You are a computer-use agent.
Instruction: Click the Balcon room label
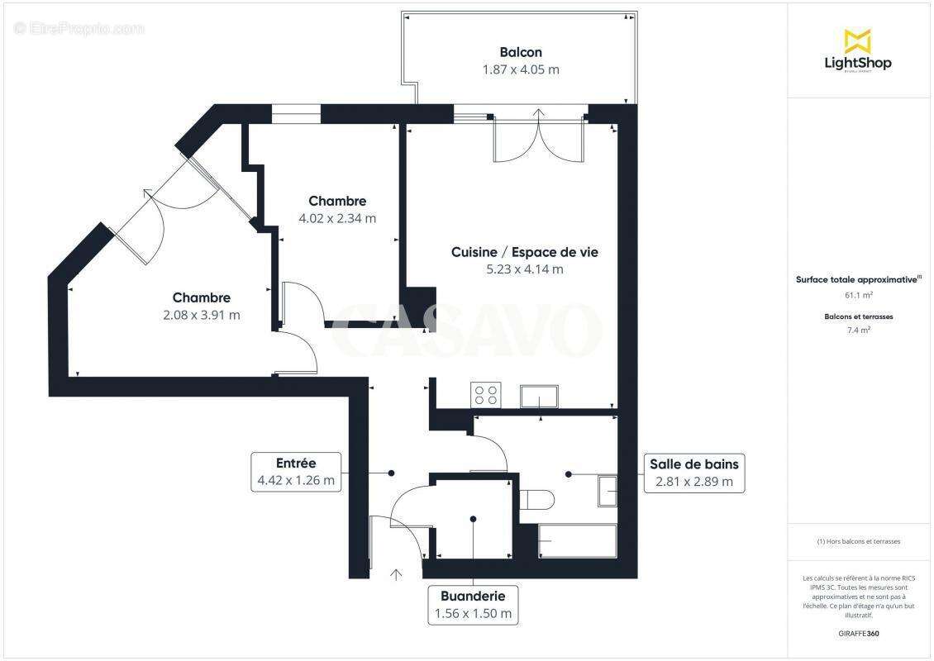click(520, 52)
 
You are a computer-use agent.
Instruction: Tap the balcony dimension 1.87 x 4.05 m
click(520, 70)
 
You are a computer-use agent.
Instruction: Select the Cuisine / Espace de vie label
click(524, 252)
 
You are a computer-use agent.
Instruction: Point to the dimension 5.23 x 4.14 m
click(524, 269)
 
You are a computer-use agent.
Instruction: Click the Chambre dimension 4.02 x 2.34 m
click(337, 219)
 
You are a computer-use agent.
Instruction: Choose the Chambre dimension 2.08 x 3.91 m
click(201, 315)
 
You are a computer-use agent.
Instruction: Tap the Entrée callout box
click(296, 472)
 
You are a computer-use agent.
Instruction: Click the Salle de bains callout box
click(693, 473)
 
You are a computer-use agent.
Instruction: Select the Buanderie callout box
click(473, 605)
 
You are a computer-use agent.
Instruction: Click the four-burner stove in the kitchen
click(484, 395)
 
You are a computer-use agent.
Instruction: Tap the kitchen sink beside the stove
click(539, 397)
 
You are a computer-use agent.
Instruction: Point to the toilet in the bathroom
click(536, 500)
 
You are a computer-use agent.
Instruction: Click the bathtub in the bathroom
click(577, 541)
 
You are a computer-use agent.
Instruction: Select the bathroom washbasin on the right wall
click(608, 491)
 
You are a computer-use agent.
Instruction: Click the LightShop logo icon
click(857, 41)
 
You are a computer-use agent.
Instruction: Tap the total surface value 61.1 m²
click(858, 295)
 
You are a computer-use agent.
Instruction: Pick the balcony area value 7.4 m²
click(858, 330)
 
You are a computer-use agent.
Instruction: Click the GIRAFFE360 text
click(858, 634)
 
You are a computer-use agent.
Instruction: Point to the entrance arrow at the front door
click(396, 573)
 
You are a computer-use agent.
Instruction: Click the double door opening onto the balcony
click(539, 139)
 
